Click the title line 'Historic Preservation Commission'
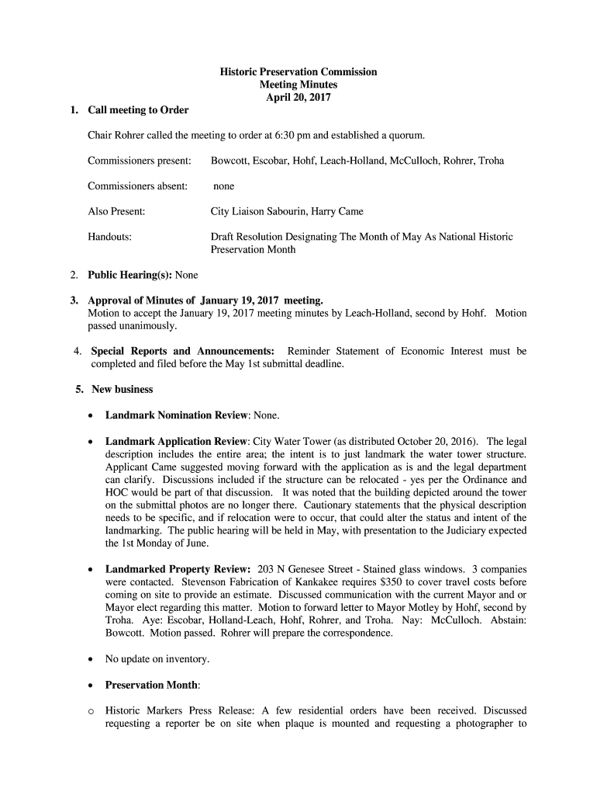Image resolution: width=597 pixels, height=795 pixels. pos(298,72)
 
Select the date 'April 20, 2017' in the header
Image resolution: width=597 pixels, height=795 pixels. pos(298,98)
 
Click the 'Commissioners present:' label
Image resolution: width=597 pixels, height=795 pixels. pos(140,161)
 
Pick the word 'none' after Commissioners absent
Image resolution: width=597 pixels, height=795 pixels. pos(224,186)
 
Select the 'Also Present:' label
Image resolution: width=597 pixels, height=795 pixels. pos(116,211)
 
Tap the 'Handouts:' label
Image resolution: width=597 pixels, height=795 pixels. pos(109,237)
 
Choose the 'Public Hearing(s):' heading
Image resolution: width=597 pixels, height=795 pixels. pos(129,275)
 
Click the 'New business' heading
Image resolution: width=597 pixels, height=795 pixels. pos(123,389)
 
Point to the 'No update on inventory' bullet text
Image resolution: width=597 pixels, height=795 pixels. pos(157,659)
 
